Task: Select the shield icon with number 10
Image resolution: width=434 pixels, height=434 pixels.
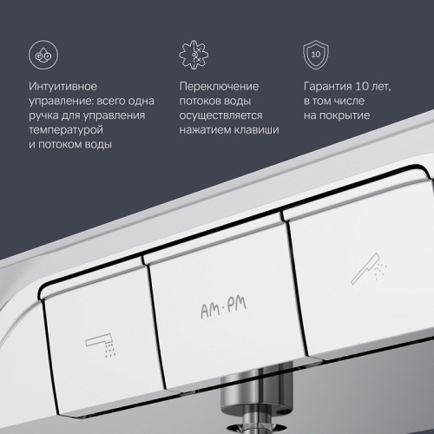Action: [x=316, y=54]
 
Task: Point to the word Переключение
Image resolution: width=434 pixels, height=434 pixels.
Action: [x=218, y=88]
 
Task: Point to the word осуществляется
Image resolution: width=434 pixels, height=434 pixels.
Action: [x=221, y=115]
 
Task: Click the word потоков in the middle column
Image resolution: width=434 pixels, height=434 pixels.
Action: [x=201, y=102]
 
